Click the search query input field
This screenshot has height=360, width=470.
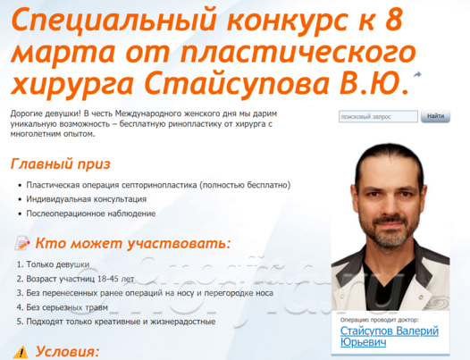coord(378,116)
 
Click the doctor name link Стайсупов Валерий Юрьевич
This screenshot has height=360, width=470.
coord(390,337)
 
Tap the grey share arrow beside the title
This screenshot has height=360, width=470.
coord(417,75)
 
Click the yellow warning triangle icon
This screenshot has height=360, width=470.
coord(21,352)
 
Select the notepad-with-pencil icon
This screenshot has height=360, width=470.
coord(22,243)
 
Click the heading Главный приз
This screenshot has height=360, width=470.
coord(61,164)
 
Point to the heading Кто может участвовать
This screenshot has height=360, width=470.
coord(133,243)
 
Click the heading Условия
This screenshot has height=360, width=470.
coord(67,352)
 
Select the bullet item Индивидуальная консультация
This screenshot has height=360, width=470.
coord(87,199)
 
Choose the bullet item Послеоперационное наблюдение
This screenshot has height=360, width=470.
coord(91,213)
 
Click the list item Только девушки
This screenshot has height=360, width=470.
coord(58,264)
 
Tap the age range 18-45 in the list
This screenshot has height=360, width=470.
coord(108,279)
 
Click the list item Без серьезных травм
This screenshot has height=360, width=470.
coord(67,307)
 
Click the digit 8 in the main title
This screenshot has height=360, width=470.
coord(393,20)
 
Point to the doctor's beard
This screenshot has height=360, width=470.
coord(390,232)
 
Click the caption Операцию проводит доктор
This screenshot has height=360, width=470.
coord(379,320)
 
